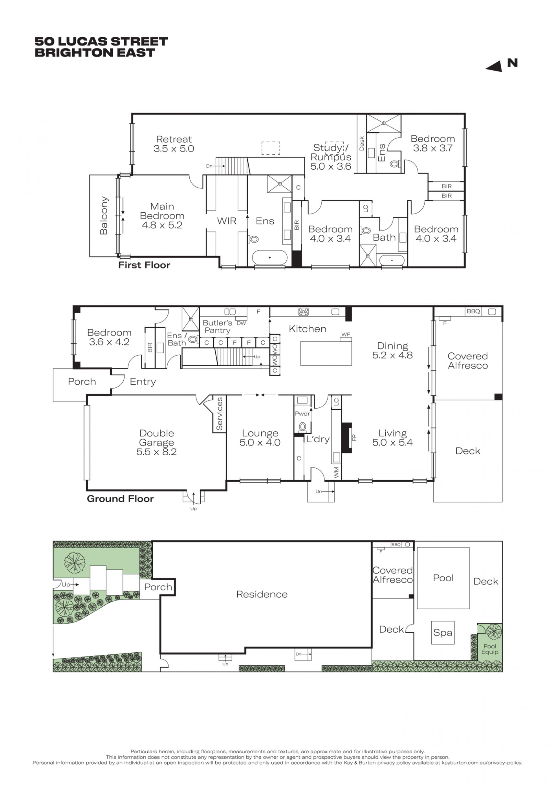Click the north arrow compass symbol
tap(502, 65)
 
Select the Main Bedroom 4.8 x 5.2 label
tap(162, 216)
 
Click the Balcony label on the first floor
tap(104, 216)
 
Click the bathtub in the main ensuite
tap(270, 257)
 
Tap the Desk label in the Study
tap(362, 143)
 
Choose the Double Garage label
tap(156, 442)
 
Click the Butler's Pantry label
tap(217, 326)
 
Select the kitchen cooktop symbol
tap(303, 311)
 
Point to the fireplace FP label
tap(354, 438)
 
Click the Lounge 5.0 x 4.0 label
tap(260, 438)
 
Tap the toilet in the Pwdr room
tap(302, 426)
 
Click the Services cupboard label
tap(219, 414)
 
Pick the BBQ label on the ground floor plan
tap(473, 311)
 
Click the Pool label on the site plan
tap(443, 578)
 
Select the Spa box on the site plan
tap(443, 633)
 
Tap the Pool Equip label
tap(490, 649)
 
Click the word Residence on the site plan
tap(262, 594)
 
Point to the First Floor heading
tap(144, 265)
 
